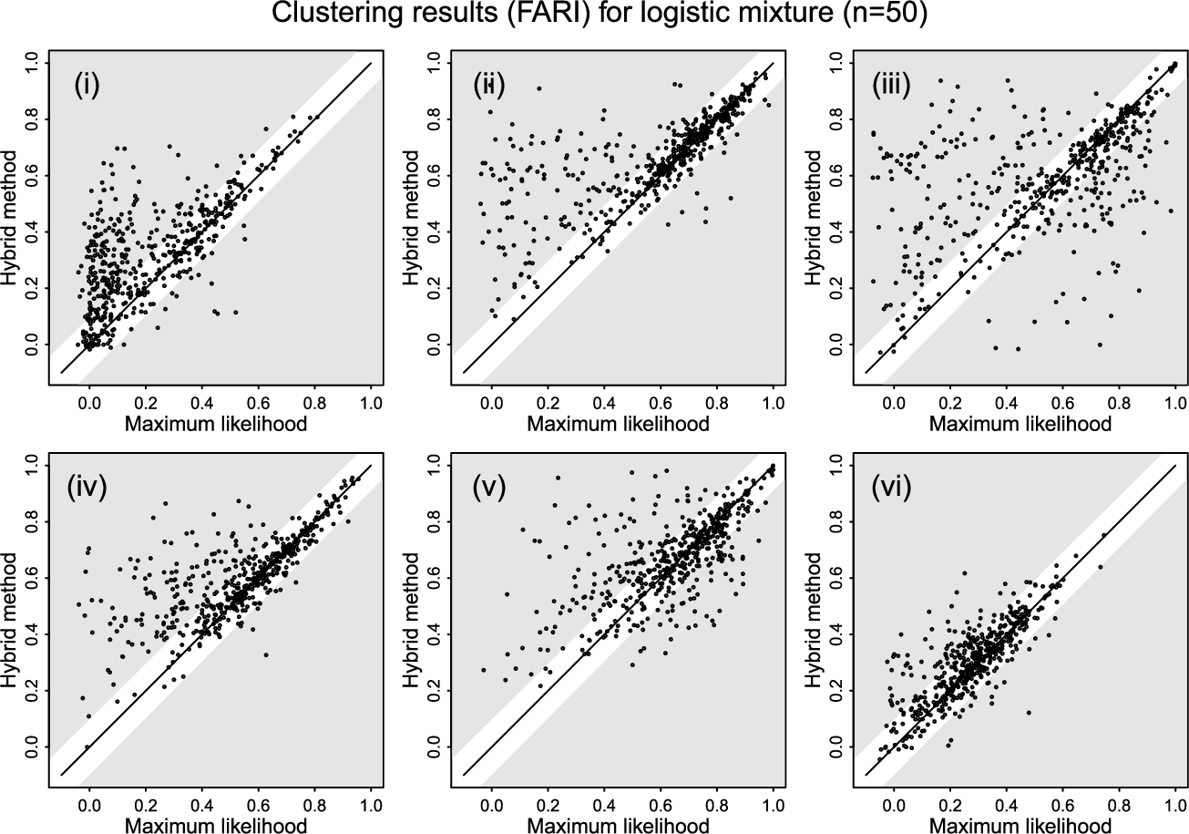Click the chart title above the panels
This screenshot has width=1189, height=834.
pos(594,15)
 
